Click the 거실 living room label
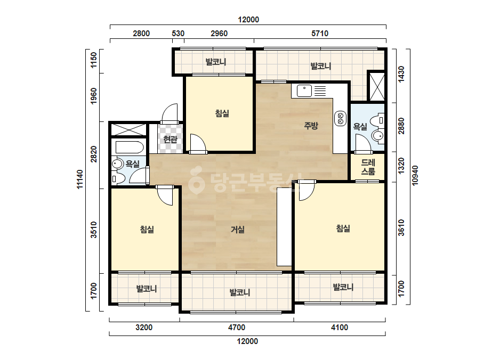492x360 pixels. tap(238, 230)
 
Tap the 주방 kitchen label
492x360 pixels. tap(311, 126)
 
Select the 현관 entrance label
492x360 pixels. tap(171, 139)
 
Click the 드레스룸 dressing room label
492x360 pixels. tap(368, 167)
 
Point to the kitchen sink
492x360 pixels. tap(304, 91)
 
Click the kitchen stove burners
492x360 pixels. tap(341, 118)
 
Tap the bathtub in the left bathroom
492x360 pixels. tap(130, 147)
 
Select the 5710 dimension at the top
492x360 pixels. tap(320, 33)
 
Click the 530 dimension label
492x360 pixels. tap(178, 33)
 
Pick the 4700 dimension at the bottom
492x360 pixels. tap(237, 328)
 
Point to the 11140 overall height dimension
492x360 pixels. tap(80, 179)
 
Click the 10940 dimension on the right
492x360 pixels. tap(415, 176)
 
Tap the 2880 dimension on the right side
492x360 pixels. tap(401, 126)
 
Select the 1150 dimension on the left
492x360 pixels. tap(93, 60)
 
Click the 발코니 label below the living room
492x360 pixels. tap(240, 292)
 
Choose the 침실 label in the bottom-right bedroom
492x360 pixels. tap(343, 228)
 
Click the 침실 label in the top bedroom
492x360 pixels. tap(222, 113)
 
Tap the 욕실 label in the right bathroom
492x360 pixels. tap(360, 126)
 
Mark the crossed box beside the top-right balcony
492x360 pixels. tap(376, 87)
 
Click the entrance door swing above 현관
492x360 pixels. tap(170, 112)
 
